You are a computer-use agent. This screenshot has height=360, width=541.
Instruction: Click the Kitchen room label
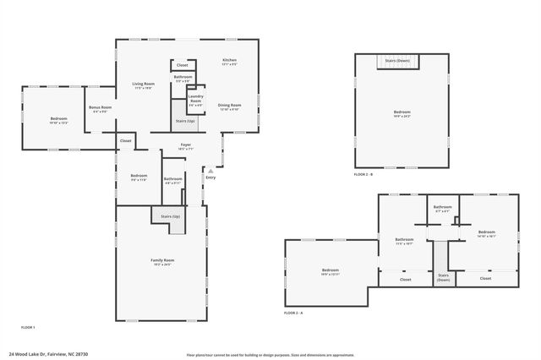click(x=229, y=60)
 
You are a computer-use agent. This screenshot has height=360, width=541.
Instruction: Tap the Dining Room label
click(x=230, y=106)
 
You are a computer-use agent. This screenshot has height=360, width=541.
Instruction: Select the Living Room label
click(x=143, y=84)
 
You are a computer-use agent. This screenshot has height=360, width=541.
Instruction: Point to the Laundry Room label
click(x=195, y=98)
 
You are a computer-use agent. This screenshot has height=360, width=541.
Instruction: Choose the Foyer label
click(x=186, y=145)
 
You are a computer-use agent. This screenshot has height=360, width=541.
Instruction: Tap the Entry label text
click(x=210, y=177)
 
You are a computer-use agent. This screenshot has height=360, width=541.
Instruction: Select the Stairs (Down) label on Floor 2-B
click(x=397, y=61)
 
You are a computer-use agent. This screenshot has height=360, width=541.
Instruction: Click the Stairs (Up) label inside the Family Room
click(x=170, y=217)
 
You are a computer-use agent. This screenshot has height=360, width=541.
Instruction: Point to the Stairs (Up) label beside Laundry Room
click(x=185, y=122)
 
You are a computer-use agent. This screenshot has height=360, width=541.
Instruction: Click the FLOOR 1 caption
click(x=29, y=327)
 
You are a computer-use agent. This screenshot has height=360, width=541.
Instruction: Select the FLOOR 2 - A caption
click(x=293, y=313)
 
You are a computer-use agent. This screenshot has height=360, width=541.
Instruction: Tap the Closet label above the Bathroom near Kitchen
click(x=182, y=65)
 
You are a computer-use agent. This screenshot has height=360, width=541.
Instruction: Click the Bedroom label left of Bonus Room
click(x=58, y=118)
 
